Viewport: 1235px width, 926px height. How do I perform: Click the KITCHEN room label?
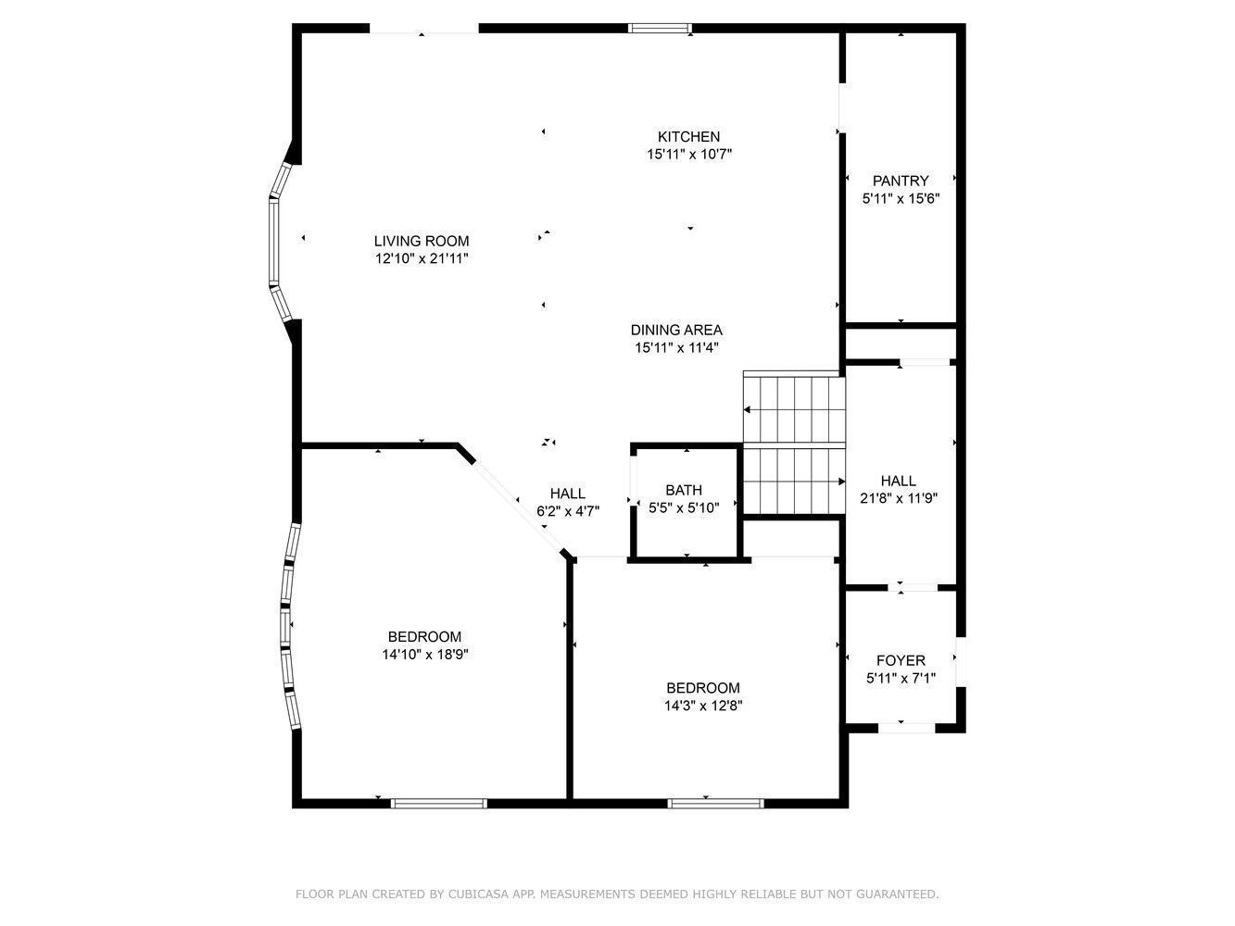tap(688, 137)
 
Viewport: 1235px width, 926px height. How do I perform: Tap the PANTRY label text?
tap(900, 181)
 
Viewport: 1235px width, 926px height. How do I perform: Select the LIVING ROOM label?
tap(421, 242)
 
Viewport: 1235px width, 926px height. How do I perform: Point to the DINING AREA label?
tap(676, 331)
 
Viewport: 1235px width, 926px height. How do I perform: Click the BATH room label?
tap(684, 490)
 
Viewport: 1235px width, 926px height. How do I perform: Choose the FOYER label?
tap(901, 660)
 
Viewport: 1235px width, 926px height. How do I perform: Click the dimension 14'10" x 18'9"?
tap(424, 655)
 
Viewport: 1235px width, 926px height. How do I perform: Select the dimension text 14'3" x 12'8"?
tap(703, 706)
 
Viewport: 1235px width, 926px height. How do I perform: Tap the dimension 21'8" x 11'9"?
tap(899, 498)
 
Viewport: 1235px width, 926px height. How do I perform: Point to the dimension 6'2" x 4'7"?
tap(568, 510)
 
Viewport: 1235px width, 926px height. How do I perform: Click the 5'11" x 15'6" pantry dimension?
tap(901, 198)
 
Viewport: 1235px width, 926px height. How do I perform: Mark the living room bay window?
tap(276, 242)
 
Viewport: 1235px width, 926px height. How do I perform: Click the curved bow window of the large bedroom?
tap(289, 627)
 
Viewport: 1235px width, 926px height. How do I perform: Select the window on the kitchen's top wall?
tap(660, 29)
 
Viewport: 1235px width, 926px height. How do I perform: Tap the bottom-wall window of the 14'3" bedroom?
tap(716, 803)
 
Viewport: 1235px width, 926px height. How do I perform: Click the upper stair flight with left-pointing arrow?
tap(795, 409)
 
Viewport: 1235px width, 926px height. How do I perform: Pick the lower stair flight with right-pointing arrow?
tap(795, 482)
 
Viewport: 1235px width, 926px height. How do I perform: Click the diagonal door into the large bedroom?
tap(517, 505)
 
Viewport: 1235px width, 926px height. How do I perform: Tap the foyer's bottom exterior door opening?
tap(905, 728)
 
